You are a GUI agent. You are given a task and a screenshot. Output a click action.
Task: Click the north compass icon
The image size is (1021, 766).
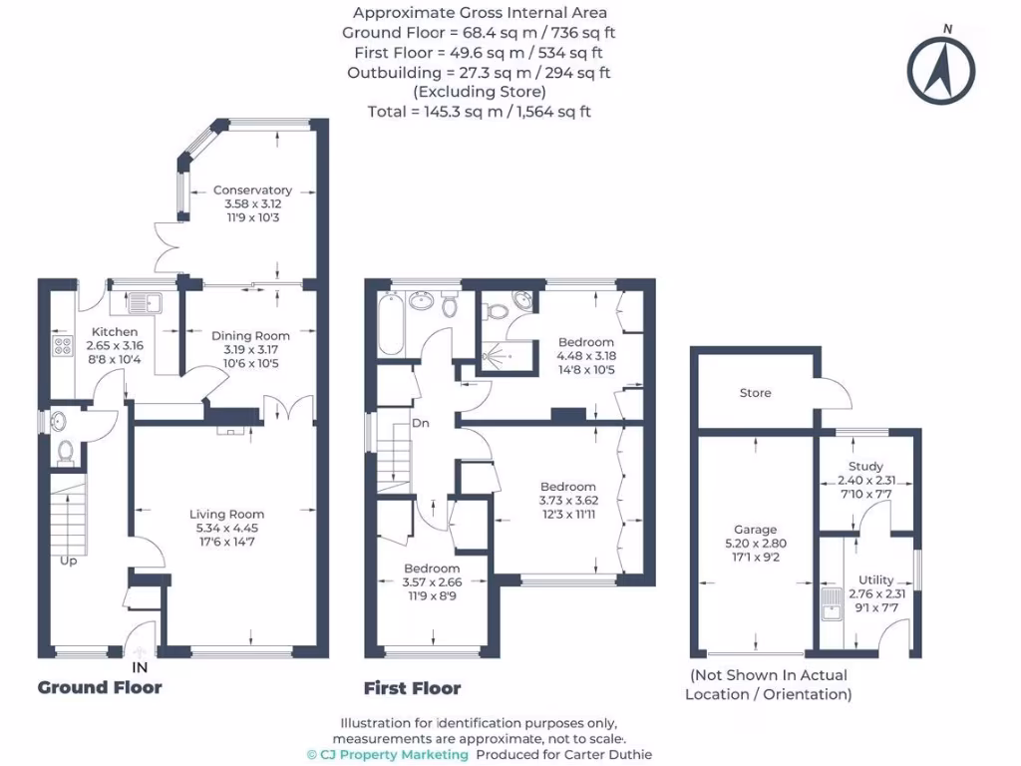[940, 69]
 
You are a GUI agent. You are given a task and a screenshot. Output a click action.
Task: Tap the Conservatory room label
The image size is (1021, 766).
[252, 190]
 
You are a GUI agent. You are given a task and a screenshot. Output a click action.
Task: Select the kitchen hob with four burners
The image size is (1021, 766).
[62, 347]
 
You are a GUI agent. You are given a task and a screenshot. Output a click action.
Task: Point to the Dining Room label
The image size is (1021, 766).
[250, 336]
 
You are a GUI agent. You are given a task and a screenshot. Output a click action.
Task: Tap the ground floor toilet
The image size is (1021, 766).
[66, 452]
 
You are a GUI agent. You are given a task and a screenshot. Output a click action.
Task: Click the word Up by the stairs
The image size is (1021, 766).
[68, 561]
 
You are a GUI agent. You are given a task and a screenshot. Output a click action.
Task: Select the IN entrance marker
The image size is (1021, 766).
[140, 666]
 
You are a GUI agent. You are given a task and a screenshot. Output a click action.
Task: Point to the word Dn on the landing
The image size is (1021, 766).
[421, 423]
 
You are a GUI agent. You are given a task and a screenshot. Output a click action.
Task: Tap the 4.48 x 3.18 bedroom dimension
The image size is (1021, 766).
[586, 356]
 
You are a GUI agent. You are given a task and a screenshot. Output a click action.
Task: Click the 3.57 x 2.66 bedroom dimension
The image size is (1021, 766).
[433, 582]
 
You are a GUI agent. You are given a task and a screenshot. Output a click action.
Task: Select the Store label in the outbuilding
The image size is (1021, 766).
[755, 393]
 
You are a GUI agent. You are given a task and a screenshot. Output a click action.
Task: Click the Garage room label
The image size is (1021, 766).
[755, 530]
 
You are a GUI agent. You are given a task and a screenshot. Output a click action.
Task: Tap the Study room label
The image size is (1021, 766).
[866, 466]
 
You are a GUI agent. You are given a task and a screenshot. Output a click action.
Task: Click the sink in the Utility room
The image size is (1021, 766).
[830, 602]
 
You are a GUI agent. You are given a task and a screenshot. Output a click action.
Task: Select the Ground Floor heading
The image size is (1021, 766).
[100, 687]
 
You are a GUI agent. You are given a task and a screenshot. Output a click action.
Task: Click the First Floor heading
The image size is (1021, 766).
[412, 688]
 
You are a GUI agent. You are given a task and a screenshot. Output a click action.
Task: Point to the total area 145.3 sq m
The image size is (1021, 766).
[479, 112]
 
